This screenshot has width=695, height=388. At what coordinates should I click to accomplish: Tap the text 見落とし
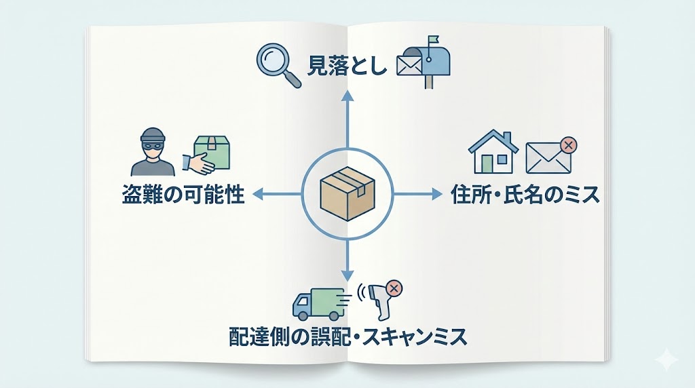pyautogui.click(x=347, y=66)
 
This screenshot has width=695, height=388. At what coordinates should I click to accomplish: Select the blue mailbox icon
pyautogui.click(x=432, y=62)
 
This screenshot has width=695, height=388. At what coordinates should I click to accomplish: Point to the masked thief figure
pyautogui.click(x=152, y=152)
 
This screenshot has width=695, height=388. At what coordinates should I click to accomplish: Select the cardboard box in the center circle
pyautogui.click(x=347, y=195)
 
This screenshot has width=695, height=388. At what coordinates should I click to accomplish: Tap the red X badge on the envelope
pyautogui.click(x=568, y=144)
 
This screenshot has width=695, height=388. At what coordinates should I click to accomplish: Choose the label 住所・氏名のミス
pyautogui.click(x=525, y=195)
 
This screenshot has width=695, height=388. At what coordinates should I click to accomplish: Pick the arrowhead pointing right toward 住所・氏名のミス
pyautogui.click(x=436, y=195)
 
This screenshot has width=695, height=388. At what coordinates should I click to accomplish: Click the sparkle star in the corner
pyautogui.click(x=668, y=359)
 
